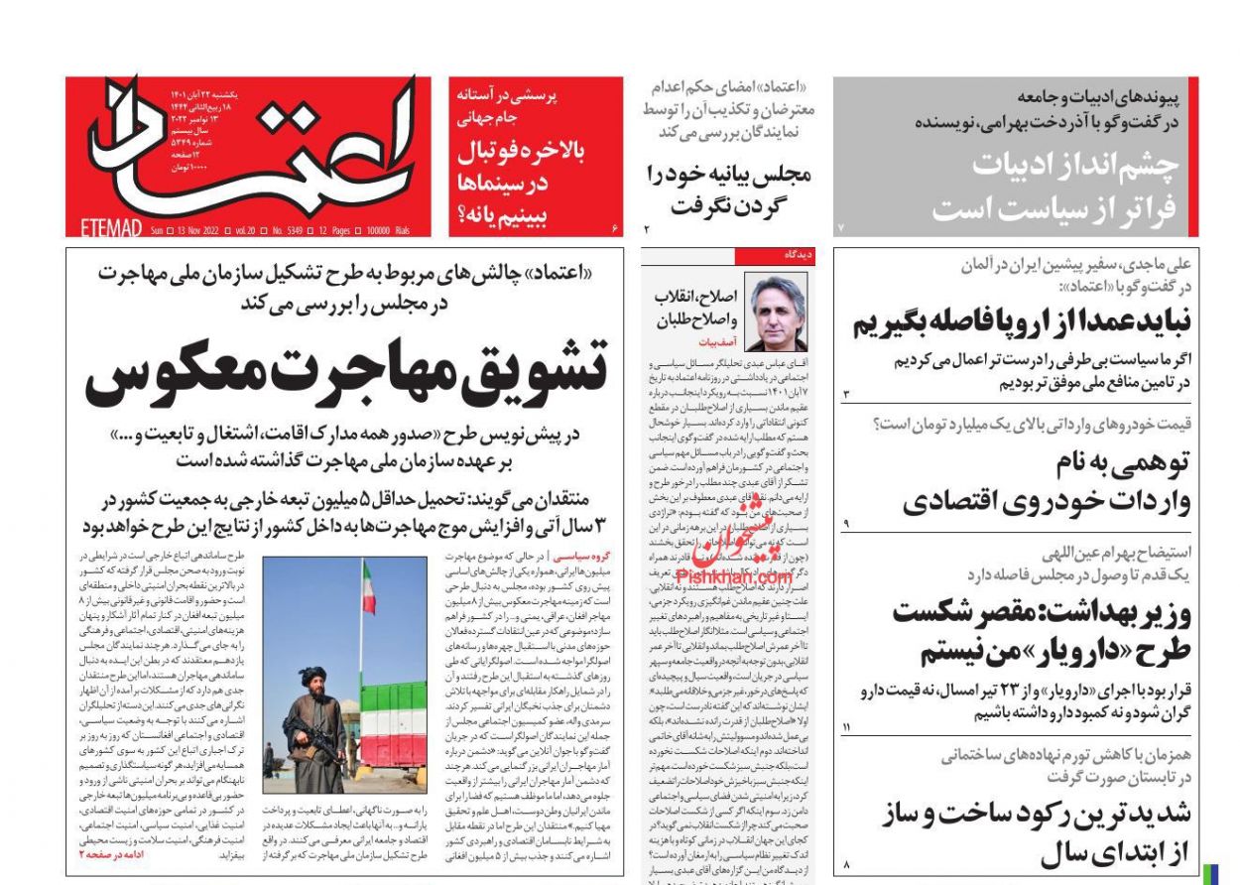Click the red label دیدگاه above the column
[x=799, y=255]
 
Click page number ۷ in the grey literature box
[x=840, y=228]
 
